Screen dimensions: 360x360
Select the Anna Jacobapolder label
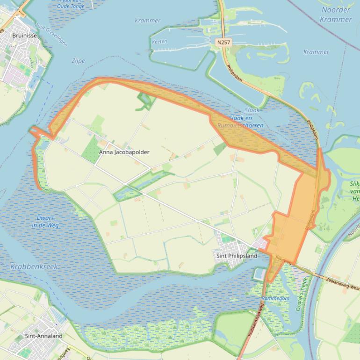124,152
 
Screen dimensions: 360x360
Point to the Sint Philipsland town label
237,256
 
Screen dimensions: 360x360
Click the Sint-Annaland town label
44,336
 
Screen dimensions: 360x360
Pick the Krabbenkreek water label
34,266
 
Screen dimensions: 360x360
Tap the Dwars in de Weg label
45,222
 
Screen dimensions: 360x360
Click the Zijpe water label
79,61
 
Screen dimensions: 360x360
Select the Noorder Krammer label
336,14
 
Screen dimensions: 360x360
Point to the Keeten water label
159,42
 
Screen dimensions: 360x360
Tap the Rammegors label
275,298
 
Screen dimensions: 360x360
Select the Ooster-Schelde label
302,293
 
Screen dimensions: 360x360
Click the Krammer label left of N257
147,21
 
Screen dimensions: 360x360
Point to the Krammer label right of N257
316,52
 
